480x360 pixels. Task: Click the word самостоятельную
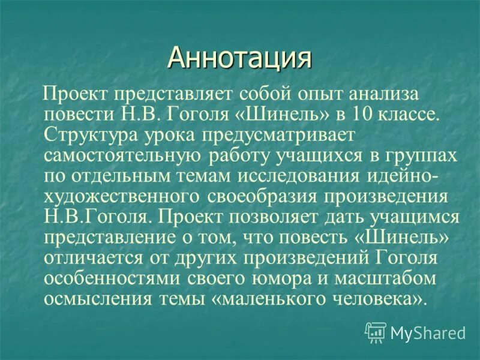click(x=124, y=155)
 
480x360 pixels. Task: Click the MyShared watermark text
click(x=428, y=332)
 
